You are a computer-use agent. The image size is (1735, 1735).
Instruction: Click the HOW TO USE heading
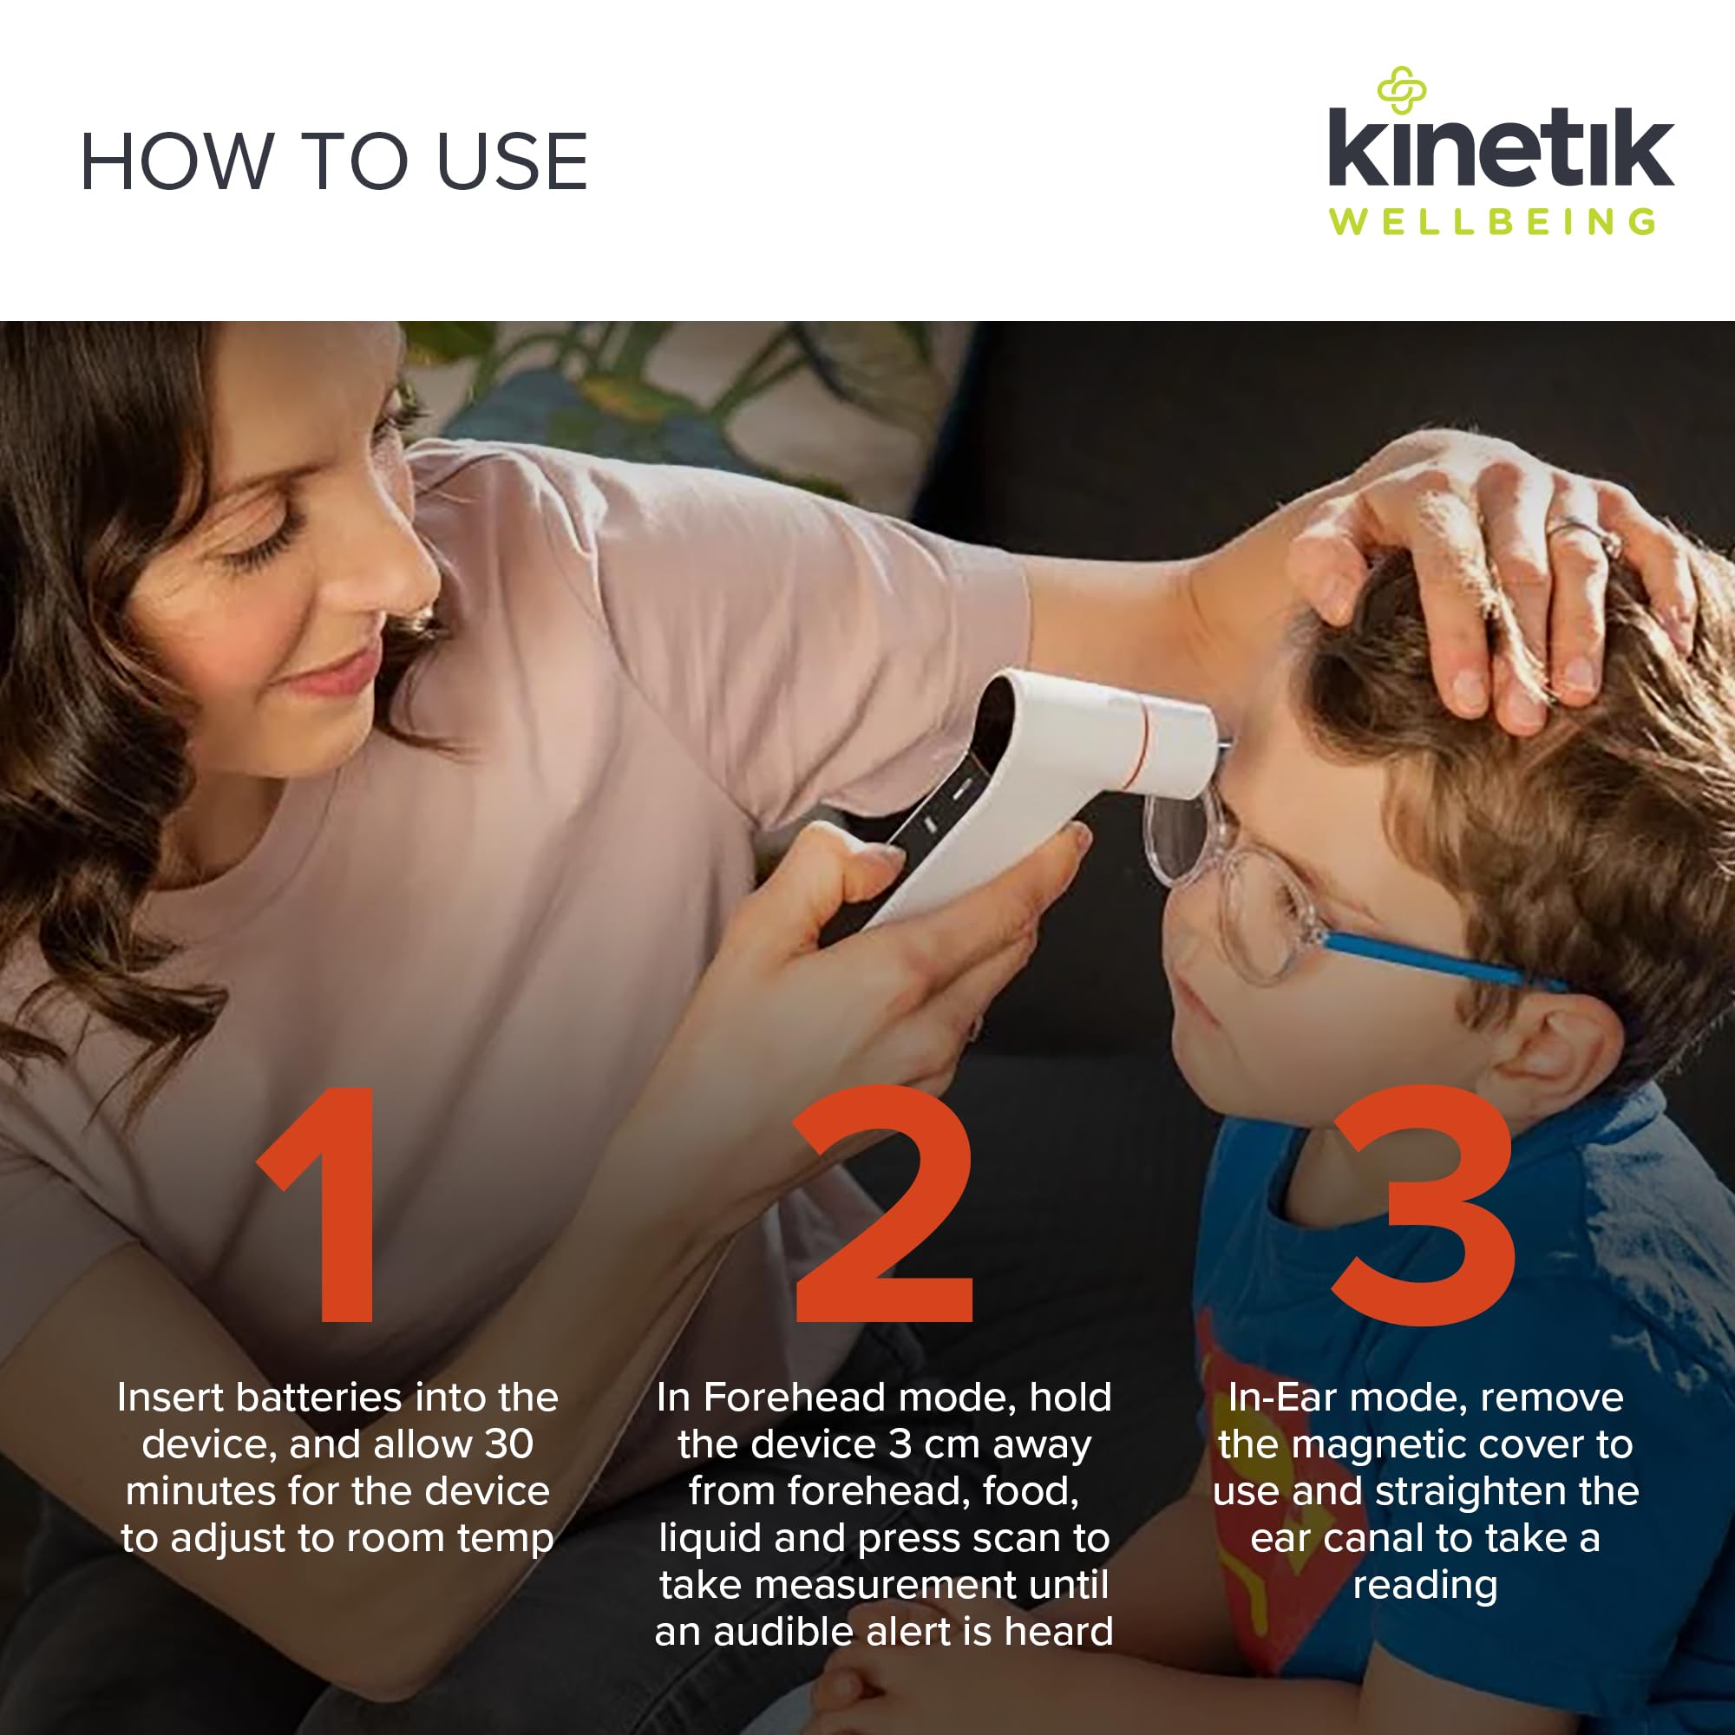pos(334,161)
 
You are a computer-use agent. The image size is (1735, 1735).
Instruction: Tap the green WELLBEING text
pos(1492,222)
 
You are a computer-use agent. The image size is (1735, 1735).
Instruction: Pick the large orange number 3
pos(1424,1204)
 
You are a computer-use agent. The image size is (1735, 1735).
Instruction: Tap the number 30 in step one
pos(509,1444)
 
